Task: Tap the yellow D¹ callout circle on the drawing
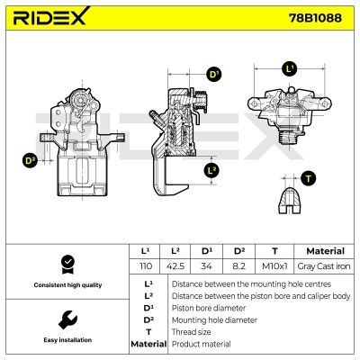pyautogui.click(x=213, y=75)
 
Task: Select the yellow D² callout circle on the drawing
pyautogui.click(x=30, y=160)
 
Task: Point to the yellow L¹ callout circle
pyautogui.click(x=290, y=68)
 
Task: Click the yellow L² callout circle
pyautogui.click(x=212, y=169)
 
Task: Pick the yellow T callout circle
pyautogui.click(x=310, y=177)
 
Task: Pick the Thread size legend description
pyautogui.click(x=192, y=331)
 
